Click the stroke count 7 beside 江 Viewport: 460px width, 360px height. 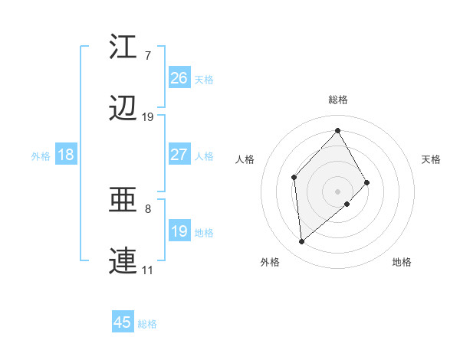tap(147, 56)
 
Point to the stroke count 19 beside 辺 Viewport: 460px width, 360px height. tap(147, 117)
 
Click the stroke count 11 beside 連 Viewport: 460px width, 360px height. tap(147, 270)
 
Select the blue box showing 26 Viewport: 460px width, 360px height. tap(179, 78)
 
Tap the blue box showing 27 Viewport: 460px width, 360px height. tap(179, 155)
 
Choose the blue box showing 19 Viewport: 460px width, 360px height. tap(179, 231)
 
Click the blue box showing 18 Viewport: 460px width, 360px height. tap(65, 155)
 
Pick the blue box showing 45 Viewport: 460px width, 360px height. tap(123, 322)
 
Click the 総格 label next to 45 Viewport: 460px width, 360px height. tap(147, 324)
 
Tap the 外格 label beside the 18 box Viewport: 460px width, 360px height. tap(41, 156)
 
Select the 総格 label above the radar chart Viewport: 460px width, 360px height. tap(337, 100)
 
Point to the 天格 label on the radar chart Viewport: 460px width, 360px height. tap(431, 159)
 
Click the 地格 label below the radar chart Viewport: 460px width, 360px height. tap(402, 262)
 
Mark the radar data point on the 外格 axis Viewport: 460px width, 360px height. tap(302, 242)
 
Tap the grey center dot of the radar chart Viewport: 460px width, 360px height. tap(337, 190)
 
